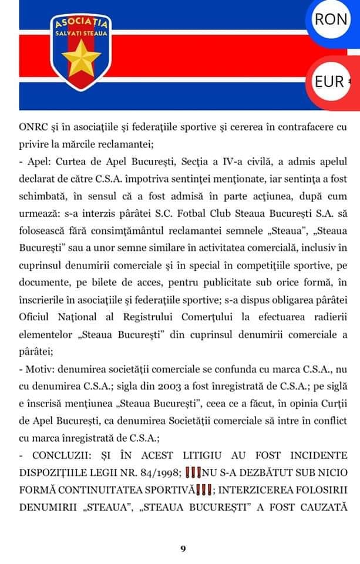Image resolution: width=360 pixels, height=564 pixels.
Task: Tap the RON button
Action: (331, 18)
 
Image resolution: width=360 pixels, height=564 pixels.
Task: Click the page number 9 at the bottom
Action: (183, 549)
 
